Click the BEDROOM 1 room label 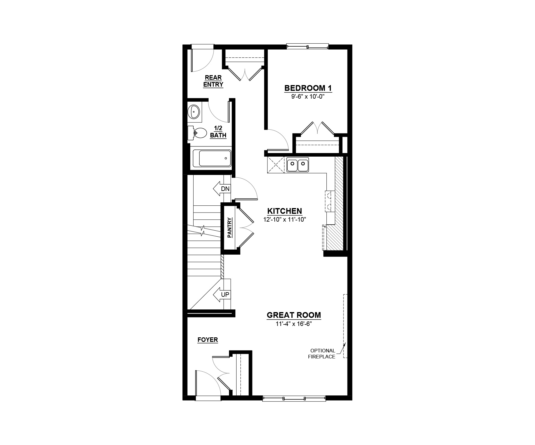tap(308, 88)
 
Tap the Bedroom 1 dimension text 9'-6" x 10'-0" tap(308, 97)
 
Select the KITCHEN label tap(285, 211)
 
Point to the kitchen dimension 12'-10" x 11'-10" tap(285, 220)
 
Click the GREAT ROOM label tap(294, 315)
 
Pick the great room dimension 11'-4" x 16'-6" tap(294, 324)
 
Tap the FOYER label tap(208, 340)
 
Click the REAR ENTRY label tap(213, 81)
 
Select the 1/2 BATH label tap(218, 132)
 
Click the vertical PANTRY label tap(230, 228)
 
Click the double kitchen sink tap(298, 164)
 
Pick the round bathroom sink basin tap(194, 112)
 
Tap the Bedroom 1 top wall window tap(307, 46)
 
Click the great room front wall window tap(294, 398)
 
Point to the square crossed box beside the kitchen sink tap(276, 165)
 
